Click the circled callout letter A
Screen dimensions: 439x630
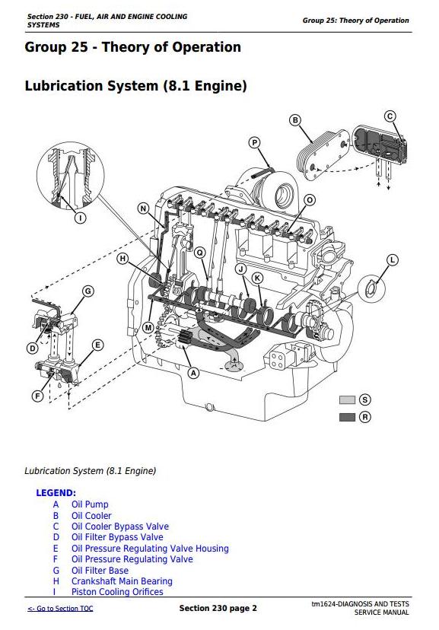pos(193,374)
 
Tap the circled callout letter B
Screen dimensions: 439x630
pos(295,120)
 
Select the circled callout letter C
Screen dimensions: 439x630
pos(390,116)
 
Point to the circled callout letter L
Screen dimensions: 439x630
pos(393,260)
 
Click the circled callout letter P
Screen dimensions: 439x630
pos(254,142)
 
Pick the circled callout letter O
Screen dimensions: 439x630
pos(309,200)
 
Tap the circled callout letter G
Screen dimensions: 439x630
pos(88,291)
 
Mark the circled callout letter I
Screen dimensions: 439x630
pos(81,218)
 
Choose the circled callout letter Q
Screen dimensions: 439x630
pos(199,253)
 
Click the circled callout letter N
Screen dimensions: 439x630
pos(143,208)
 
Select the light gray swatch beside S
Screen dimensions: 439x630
pos(347,399)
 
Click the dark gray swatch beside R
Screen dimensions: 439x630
pos(347,417)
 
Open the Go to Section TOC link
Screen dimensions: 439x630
pos(60,608)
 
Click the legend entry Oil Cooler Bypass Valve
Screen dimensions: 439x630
pos(120,527)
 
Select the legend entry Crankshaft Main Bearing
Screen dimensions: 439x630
pos(122,581)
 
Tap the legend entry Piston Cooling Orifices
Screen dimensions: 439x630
pos(117,592)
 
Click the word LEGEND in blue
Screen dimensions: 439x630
pos(56,493)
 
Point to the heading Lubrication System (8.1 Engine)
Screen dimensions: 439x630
pos(135,86)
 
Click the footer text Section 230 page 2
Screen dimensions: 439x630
pos(218,608)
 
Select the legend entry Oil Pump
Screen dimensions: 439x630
pos(90,504)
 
